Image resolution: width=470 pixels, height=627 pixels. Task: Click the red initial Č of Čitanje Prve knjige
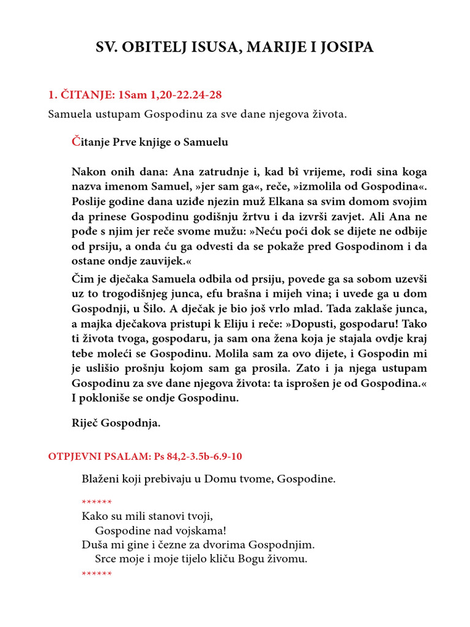(x=76, y=142)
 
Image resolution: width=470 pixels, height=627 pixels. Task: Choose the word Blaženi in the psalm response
(x=100, y=479)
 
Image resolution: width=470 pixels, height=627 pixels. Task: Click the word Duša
(x=92, y=544)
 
